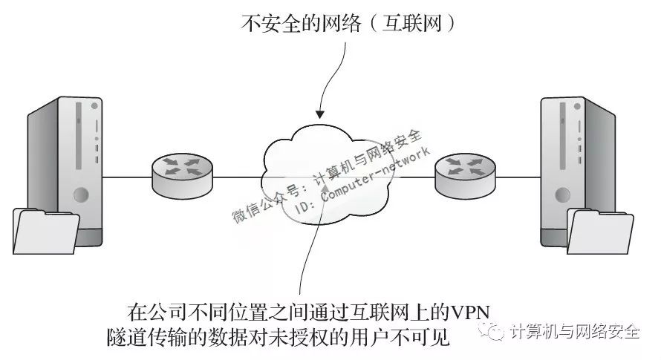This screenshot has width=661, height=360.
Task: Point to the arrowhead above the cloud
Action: (x=319, y=114)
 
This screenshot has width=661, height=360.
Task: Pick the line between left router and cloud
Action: (x=238, y=178)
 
